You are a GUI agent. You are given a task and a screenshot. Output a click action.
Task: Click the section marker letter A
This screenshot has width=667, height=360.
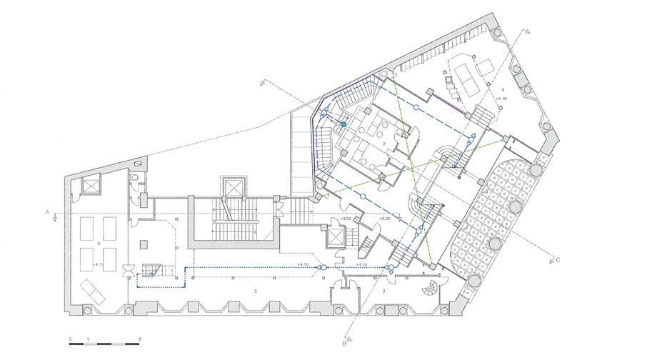(x=45, y=212)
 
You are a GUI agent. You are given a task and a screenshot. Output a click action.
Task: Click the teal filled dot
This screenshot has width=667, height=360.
(x=343, y=124)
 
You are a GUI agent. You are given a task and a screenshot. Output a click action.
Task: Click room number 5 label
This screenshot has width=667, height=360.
(x=255, y=291)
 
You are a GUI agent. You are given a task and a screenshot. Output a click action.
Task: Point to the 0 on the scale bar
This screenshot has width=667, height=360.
(x=70, y=338)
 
